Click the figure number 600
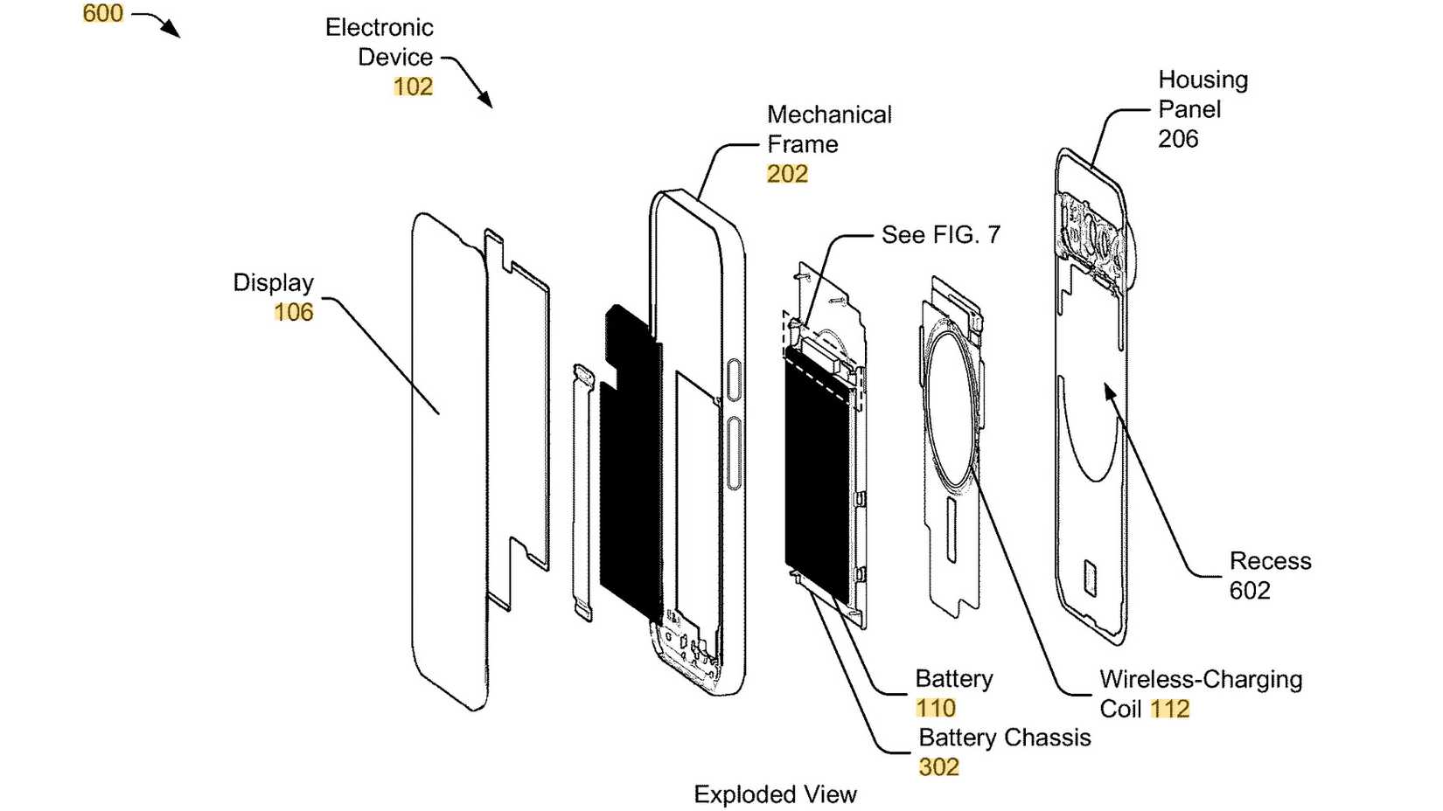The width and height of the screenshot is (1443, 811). (102, 13)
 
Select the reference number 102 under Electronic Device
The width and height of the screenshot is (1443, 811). (413, 87)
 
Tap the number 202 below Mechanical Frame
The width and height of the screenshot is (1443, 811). (787, 174)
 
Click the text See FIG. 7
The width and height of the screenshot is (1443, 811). (940, 234)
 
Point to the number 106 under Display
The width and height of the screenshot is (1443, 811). (293, 312)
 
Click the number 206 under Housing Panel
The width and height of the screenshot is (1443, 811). (1178, 139)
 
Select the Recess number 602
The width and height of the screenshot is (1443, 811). (1250, 591)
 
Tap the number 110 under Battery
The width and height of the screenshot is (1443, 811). (935, 708)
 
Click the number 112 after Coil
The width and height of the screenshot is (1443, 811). (1170, 709)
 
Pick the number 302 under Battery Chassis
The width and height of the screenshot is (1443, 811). (938, 767)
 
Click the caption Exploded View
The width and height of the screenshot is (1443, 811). (775, 794)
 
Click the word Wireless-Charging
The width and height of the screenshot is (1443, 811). (1201, 679)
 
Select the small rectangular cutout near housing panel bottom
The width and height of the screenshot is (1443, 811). (1090, 578)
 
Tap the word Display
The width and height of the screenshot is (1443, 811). (273, 282)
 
